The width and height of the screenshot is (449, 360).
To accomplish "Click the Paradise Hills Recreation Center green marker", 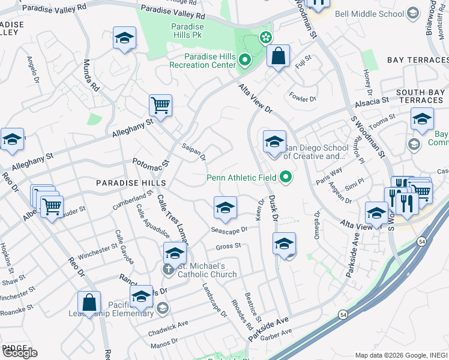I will (x=244, y=60).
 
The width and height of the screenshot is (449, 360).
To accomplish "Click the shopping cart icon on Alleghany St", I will (x=160, y=106).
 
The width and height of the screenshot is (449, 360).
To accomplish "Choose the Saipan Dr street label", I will (x=194, y=152).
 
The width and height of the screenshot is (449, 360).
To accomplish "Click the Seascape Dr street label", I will (x=229, y=230).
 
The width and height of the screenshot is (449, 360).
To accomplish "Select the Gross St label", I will (x=229, y=245).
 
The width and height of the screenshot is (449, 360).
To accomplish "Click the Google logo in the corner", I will (x=20, y=353).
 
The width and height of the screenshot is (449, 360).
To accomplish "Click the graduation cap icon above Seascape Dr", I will (x=225, y=208).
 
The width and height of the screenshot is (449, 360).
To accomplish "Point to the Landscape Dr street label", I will (x=214, y=300).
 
